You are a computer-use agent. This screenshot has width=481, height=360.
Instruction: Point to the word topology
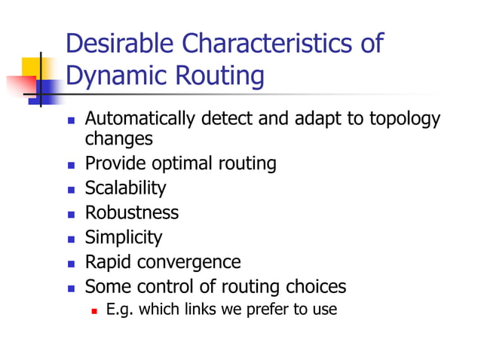403,120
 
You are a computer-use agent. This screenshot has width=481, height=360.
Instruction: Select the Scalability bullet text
125,188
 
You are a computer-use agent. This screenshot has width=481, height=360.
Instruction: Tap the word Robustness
131,213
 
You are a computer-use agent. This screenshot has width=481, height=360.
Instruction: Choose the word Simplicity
123,238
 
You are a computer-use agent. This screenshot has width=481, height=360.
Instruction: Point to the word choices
317,287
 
